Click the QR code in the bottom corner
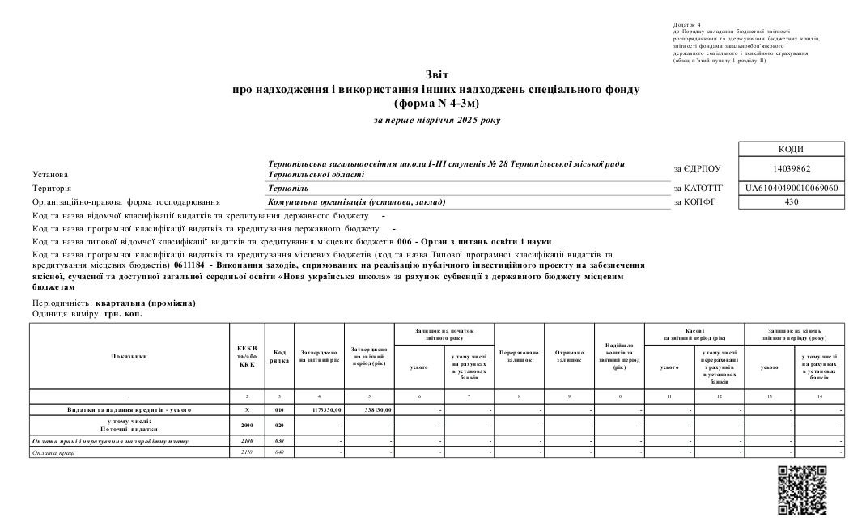tap(802, 490)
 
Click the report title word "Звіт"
tap(436, 74)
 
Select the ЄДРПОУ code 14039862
tap(792, 168)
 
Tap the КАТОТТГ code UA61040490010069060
tap(792, 189)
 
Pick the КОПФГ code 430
tap(792, 201)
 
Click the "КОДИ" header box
tap(792, 149)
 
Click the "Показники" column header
tap(129, 356)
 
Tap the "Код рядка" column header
tap(279, 356)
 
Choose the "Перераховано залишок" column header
tap(519, 356)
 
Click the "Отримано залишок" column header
tap(570, 356)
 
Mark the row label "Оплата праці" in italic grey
tap(53, 452)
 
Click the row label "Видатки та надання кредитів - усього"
tap(129, 410)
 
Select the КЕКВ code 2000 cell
tap(247, 424)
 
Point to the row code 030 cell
tap(279, 441)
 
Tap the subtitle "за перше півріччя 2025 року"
tap(437, 120)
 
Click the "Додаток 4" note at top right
tap(688, 25)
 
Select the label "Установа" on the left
tap(50, 174)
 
